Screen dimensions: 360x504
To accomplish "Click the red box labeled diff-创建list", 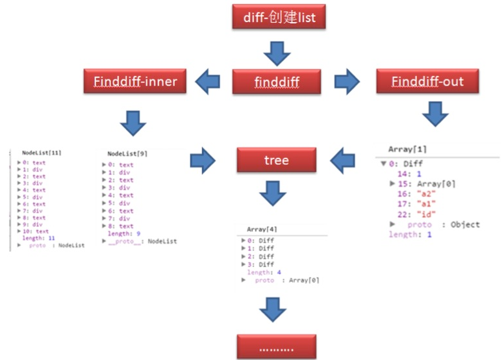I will click(277, 17).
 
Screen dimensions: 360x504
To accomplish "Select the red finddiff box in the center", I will click(277, 83).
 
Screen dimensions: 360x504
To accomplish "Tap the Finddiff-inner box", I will click(135, 82).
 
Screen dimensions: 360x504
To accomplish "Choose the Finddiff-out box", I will click(428, 82).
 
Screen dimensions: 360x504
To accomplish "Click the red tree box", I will click(276, 161).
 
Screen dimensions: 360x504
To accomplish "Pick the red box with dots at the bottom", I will click(277, 346).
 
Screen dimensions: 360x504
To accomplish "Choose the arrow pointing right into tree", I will click(203, 161).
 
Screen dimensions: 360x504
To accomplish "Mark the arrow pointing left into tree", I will click(342, 161).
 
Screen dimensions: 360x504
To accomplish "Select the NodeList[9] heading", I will click(127, 153).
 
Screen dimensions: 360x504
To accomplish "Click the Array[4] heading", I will click(262, 229).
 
